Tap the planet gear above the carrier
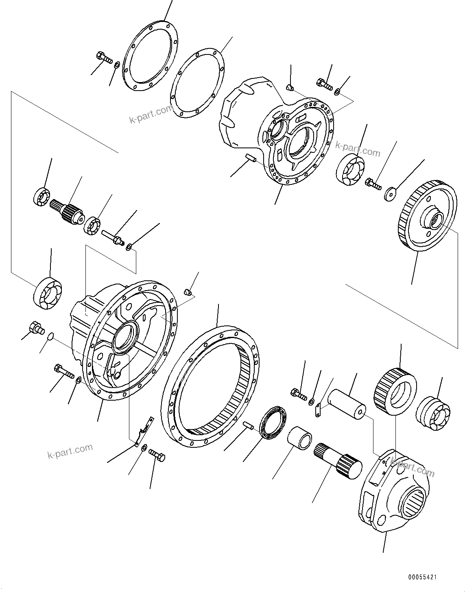pyautogui.click(x=394, y=391)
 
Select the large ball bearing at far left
pyautogui.click(x=48, y=292)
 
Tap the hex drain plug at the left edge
pyautogui.click(x=36, y=327)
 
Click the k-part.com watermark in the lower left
pyautogui.click(x=70, y=451)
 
